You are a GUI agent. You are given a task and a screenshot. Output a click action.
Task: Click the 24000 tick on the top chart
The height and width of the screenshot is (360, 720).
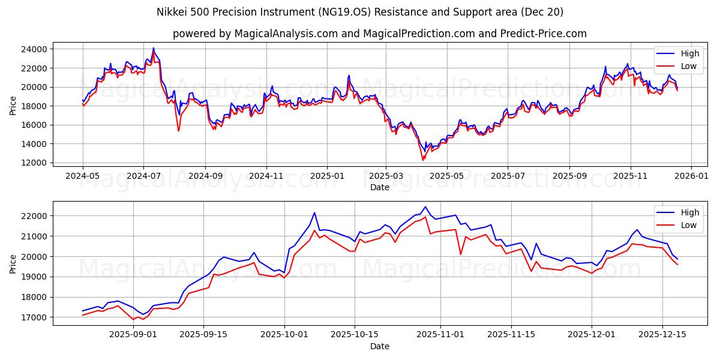[x=37, y=49]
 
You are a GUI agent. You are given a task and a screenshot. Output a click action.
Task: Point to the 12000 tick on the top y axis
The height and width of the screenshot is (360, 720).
[x=37, y=163]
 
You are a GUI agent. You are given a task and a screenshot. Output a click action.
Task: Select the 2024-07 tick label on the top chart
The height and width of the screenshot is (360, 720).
[x=143, y=177]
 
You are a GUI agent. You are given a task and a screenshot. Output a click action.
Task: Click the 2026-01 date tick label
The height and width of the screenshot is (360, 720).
[x=691, y=177]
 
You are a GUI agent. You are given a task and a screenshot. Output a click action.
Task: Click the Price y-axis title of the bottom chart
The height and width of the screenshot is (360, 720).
[x=13, y=263]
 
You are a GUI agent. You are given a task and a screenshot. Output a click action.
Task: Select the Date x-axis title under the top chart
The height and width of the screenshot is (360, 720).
[x=379, y=187]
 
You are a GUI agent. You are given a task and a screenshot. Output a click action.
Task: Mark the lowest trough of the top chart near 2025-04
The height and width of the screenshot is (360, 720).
[x=422, y=160]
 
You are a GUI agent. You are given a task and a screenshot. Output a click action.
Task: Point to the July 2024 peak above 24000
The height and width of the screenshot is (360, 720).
[x=153, y=48]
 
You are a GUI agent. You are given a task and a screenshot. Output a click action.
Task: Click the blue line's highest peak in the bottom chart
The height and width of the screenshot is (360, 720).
[x=425, y=207]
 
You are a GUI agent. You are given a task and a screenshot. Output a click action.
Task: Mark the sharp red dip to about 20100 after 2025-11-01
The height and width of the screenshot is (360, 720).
[x=461, y=254]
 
